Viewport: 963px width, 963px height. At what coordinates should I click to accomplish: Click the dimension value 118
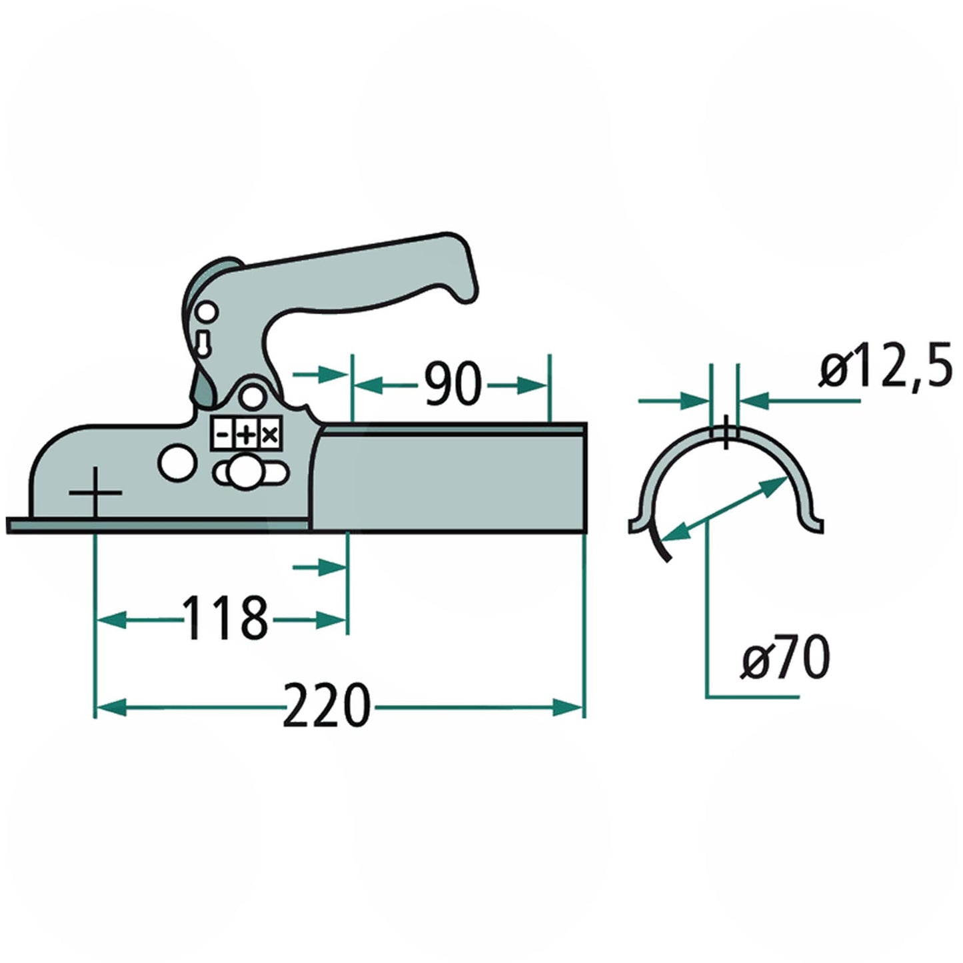click(225, 619)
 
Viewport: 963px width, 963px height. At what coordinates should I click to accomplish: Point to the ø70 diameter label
click(786, 657)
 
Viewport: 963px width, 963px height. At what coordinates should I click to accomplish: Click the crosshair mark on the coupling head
click(95, 493)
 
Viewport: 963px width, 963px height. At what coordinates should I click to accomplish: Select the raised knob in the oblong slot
click(246, 471)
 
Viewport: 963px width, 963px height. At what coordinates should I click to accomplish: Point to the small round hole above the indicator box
click(251, 397)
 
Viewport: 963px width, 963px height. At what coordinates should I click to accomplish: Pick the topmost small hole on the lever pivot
click(207, 311)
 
